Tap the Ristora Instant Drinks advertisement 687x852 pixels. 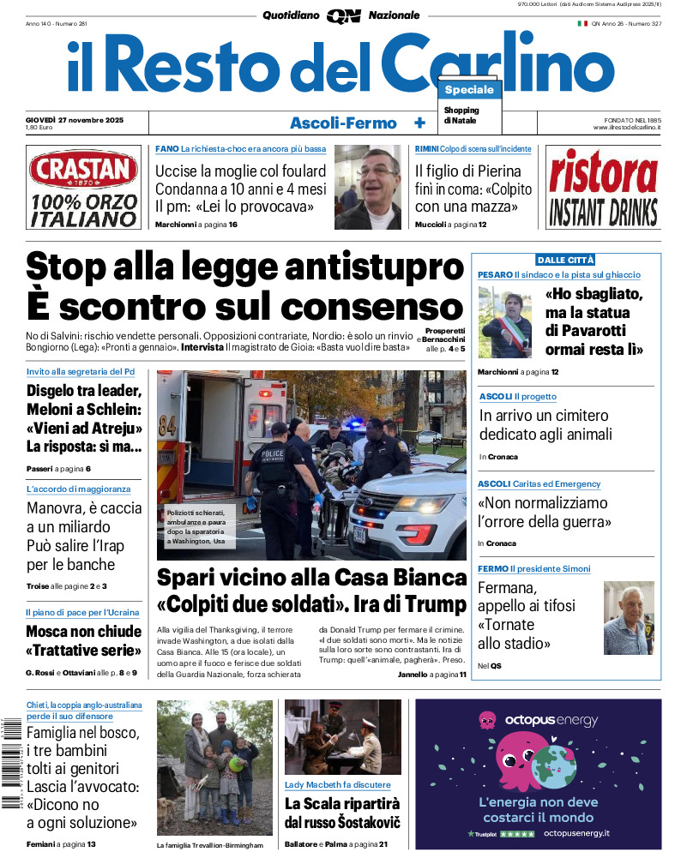coord(603,187)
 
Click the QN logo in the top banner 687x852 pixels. coord(343,15)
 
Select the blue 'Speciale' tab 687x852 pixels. coord(469,90)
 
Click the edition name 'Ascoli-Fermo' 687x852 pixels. coord(343,123)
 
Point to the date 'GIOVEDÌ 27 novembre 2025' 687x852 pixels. coord(75,119)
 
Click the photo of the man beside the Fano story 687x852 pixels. coord(367,187)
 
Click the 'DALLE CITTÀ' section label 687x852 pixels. coord(565,260)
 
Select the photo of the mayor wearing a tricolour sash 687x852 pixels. coord(506,321)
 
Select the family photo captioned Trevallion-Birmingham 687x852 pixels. coord(214,767)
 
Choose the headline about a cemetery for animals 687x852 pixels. coord(545,425)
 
